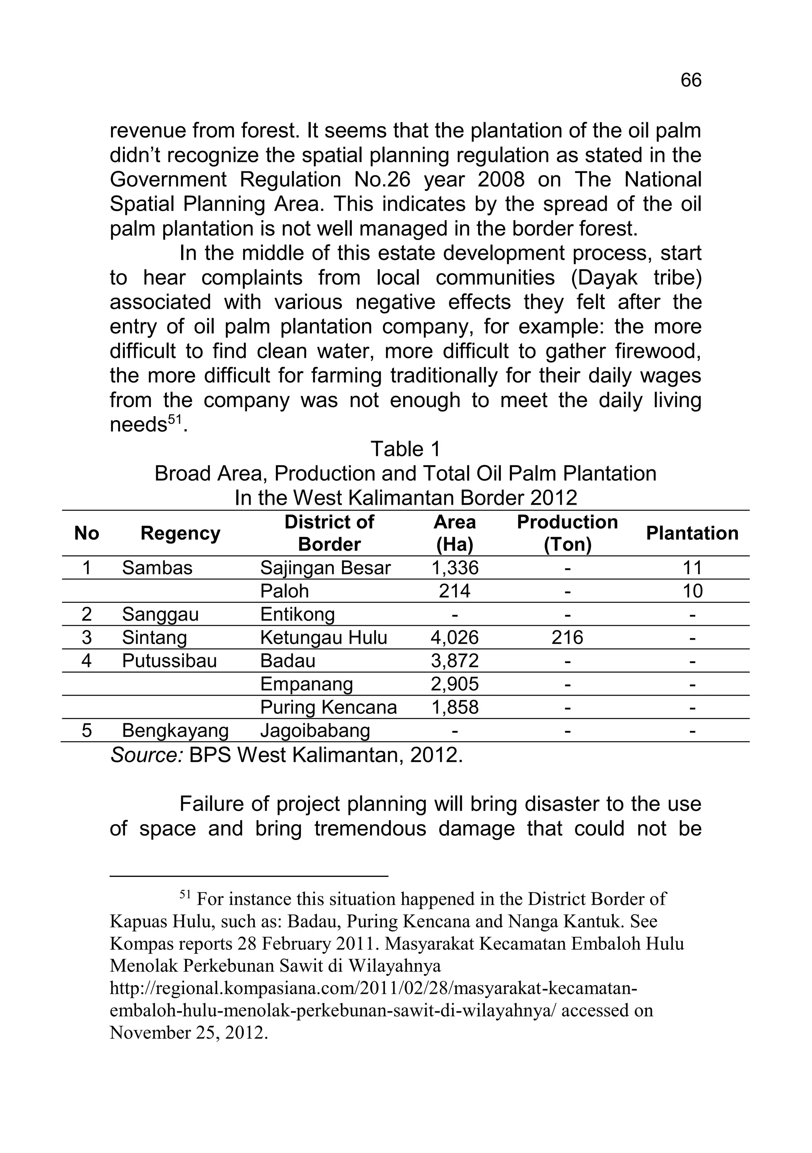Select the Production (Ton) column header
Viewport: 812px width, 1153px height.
point(567,533)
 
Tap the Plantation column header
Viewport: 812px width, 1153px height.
point(691,533)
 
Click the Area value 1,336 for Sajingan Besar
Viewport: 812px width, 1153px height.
point(455,568)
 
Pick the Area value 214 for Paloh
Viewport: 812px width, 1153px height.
point(455,591)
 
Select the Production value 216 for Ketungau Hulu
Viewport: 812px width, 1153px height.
point(567,638)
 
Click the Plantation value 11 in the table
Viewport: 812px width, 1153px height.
point(692,568)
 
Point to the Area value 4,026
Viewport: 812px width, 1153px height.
point(455,638)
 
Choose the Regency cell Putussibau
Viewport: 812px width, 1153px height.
point(169,661)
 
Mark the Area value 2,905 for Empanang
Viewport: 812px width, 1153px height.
point(455,684)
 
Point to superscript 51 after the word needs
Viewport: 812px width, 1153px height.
point(174,420)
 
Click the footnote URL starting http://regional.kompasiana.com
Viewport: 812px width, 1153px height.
point(373,988)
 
